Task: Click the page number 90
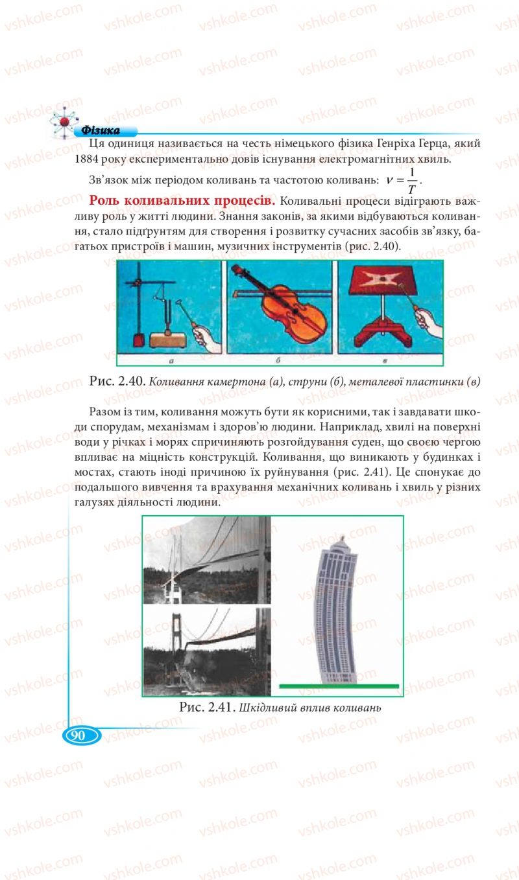point(80,735)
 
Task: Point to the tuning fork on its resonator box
point(175,327)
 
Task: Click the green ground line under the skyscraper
point(338,686)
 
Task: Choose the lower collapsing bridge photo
point(207,651)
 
